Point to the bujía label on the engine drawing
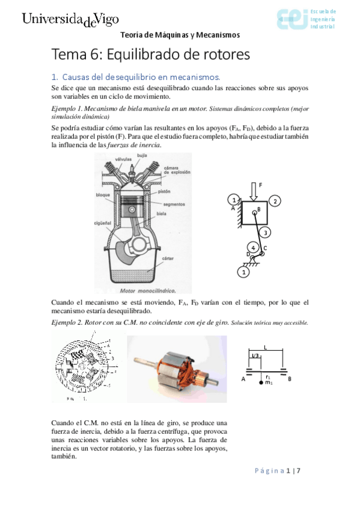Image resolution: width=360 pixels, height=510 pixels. click(x=144, y=155)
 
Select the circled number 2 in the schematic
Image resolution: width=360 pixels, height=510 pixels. click(x=273, y=200)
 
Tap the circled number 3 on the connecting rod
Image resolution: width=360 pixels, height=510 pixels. click(x=267, y=232)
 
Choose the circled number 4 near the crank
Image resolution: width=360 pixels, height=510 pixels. click(x=253, y=247)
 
